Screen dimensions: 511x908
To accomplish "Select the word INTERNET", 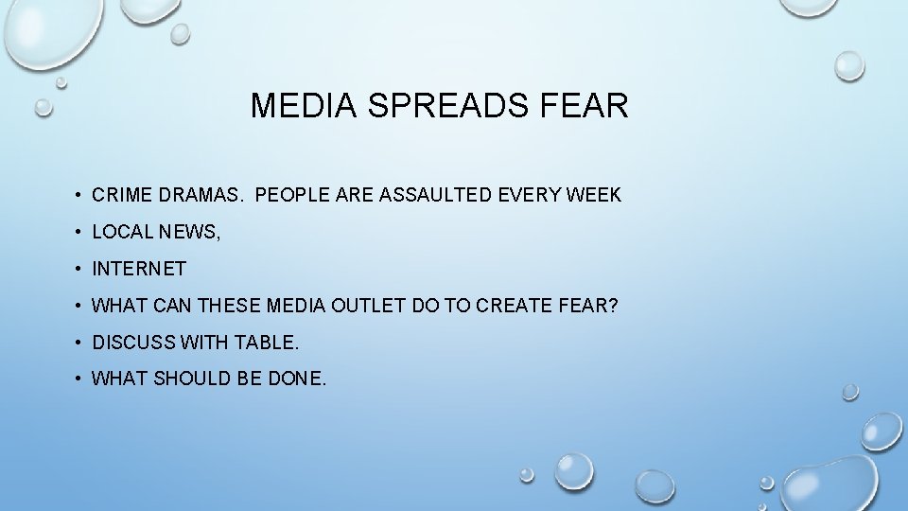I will tap(139, 270).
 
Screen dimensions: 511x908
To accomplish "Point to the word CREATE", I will tap(513, 307).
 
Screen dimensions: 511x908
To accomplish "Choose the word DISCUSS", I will tap(130, 343).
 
